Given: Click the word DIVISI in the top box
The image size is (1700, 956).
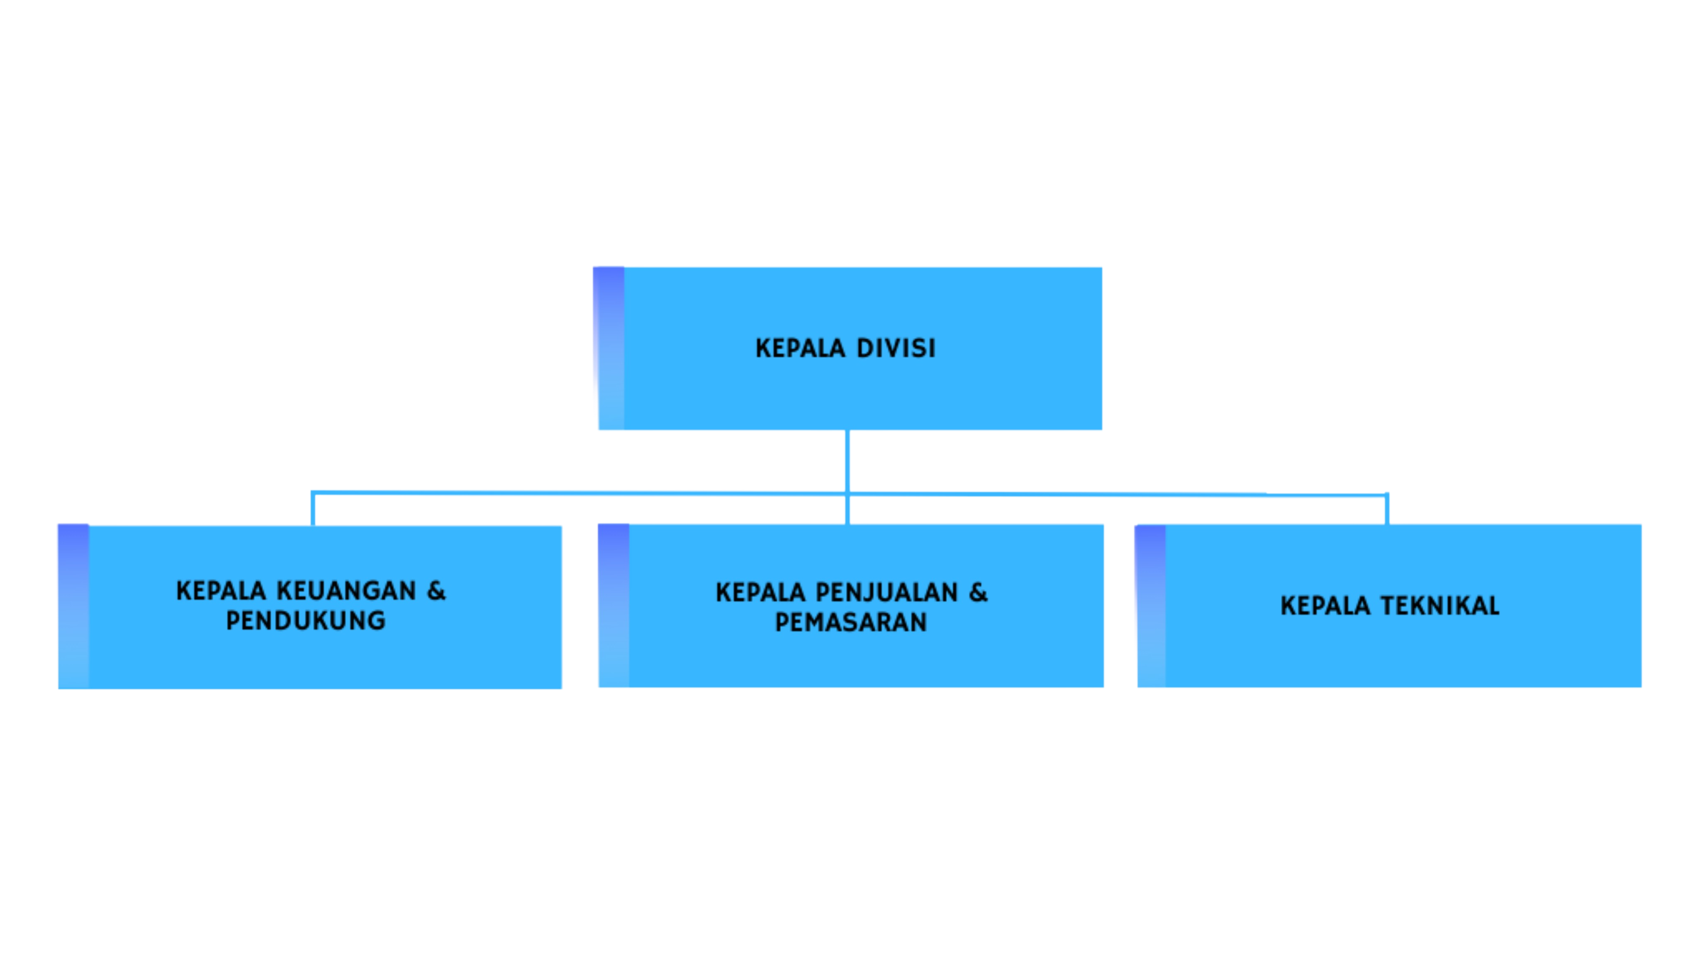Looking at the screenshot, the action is (896, 348).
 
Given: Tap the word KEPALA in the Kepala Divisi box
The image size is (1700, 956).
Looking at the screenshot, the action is (800, 348).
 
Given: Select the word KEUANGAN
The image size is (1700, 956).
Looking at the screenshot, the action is (346, 590).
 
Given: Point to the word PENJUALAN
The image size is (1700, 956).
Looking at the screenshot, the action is (886, 592).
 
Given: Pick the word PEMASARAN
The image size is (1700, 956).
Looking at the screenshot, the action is (851, 622).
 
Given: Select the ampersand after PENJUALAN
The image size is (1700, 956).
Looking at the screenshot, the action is (978, 592).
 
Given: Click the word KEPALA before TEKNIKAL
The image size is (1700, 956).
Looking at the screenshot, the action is (1325, 605).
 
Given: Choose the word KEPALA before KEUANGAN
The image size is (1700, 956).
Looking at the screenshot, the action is (220, 590).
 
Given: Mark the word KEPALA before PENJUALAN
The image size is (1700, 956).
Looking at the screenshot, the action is (760, 592).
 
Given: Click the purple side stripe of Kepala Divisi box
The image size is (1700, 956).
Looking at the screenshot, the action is (610, 348).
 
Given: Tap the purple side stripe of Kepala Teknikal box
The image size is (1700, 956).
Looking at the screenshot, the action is (1151, 606).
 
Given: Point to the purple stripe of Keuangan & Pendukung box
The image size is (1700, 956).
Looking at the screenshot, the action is (73, 606).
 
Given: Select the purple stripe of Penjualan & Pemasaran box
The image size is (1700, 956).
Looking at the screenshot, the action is (614, 605).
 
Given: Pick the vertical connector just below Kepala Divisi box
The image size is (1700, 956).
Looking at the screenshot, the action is (848, 461).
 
